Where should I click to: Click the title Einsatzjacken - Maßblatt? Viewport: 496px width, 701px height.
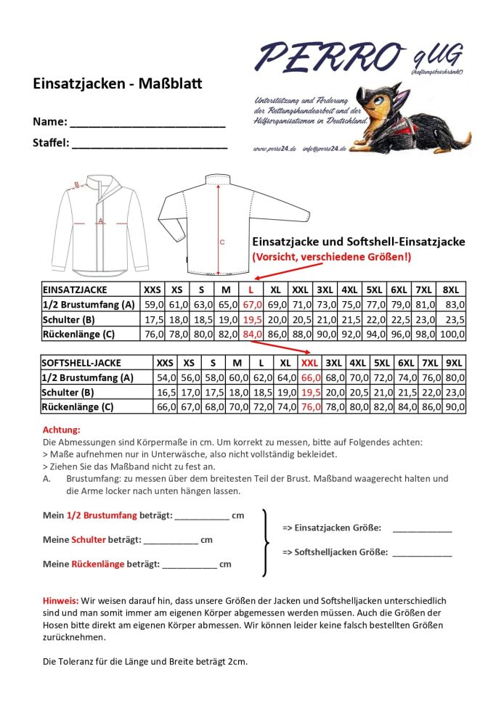tap(118, 84)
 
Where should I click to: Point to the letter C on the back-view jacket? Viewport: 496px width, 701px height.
tap(222, 242)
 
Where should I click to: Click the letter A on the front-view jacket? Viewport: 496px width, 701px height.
tap(101, 220)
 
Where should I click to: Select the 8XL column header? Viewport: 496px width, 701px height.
tap(451, 289)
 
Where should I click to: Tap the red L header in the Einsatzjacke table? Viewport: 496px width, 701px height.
tap(251, 289)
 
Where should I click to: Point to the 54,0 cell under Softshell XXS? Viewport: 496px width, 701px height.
tap(166, 377)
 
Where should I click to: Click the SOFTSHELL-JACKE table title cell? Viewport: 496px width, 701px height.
tap(82, 363)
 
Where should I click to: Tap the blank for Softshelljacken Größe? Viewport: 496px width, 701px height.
tap(421, 554)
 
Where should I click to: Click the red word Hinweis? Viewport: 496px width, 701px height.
tap(60, 601)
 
